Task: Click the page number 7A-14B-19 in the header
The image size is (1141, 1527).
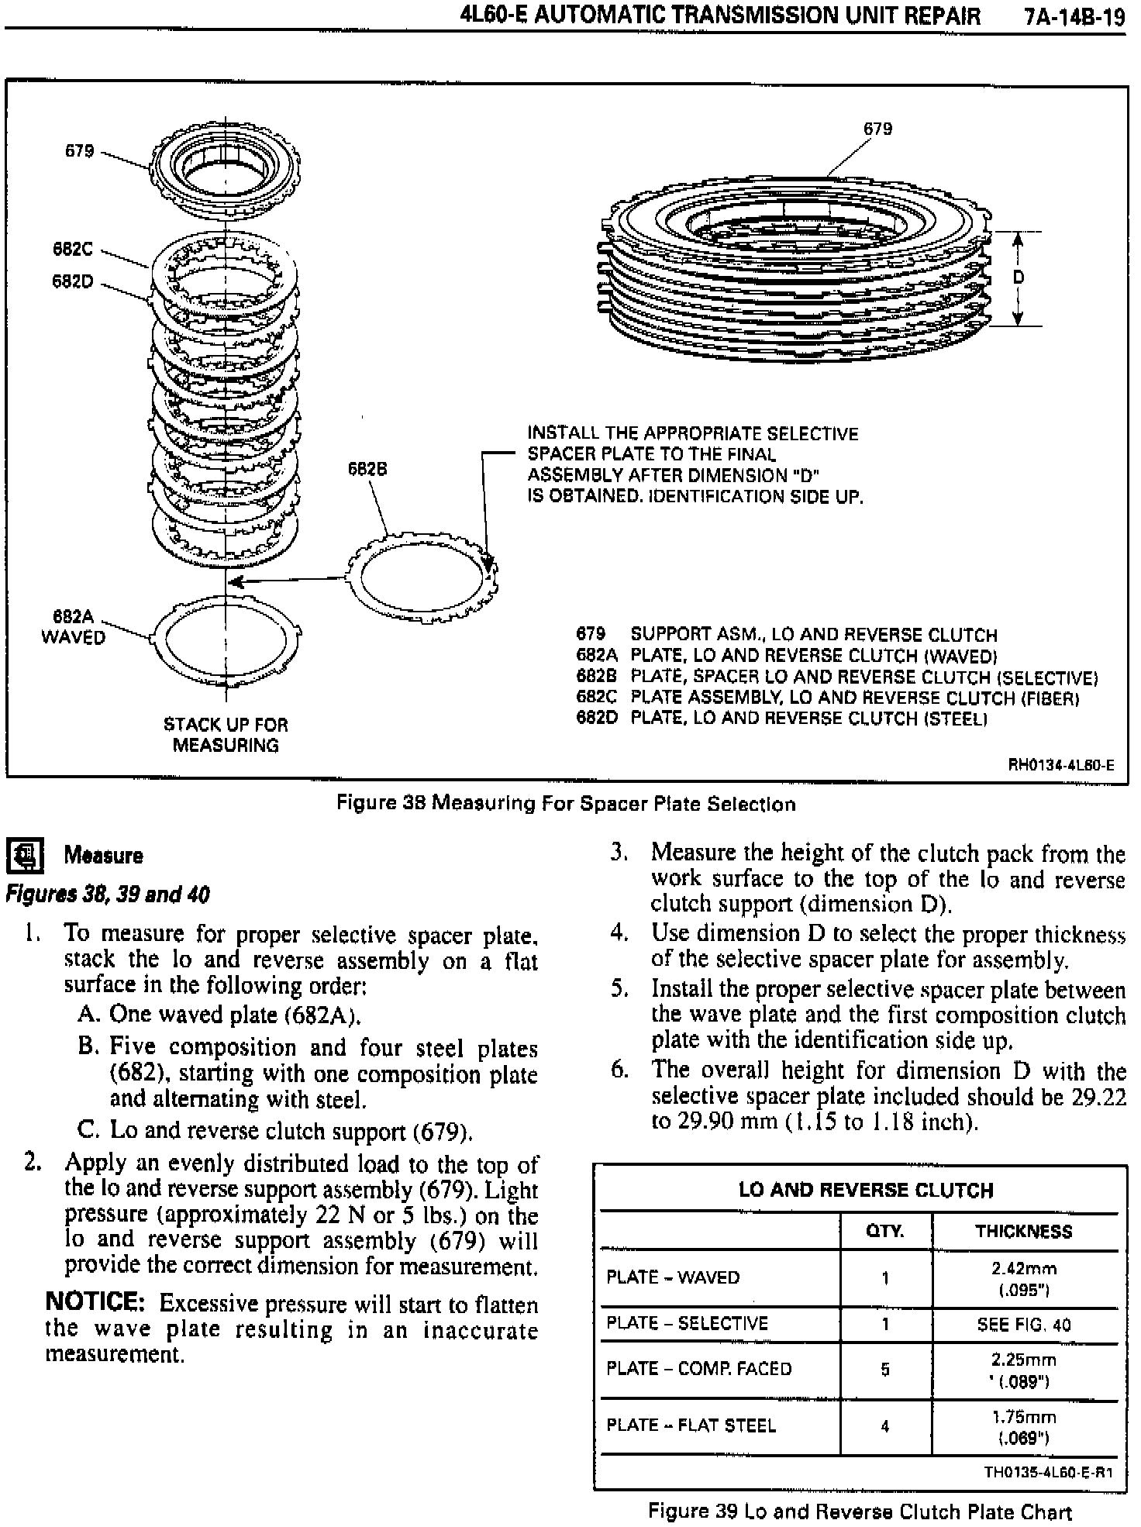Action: pyautogui.click(x=1074, y=16)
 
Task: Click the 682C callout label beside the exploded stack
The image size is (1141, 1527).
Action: pyautogui.click(x=72, y=250)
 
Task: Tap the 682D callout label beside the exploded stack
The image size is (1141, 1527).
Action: pyautogui.click(x=72, y=281)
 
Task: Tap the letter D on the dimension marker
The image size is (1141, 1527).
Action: pyautogui.click(x=1019, y=278)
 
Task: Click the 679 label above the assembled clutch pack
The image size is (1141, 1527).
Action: pyautogui.click(x=877, y=129)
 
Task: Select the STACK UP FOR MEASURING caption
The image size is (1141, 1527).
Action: pyautogui.click(x=226, y=735)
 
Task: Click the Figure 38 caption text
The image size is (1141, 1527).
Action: pyautogui.click(x=566, y=804)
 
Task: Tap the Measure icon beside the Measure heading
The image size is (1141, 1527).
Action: pyautogui.click(x=25, y=855)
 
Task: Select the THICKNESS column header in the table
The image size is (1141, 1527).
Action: pyautogui.click(x=1023, y=1232)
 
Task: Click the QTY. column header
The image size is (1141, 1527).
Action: pyautogui.click(x=884, y=1232)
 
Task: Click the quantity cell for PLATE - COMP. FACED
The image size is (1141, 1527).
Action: pyautogui.click(x=884, y=1370)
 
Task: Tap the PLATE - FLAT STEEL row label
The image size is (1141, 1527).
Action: pyautogui.click(x=691, y=1425)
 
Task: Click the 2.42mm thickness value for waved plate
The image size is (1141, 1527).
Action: pyautogui.click(x=1023, y=1269)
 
